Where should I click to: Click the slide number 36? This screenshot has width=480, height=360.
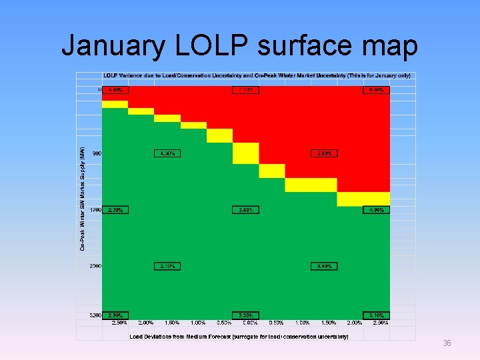(x=447, y=343)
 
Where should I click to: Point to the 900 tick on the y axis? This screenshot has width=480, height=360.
(x=97, y=153)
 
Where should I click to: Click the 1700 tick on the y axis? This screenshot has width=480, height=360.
(x=95, y=210)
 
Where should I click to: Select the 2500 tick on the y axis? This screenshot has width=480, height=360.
(x=95, y=266)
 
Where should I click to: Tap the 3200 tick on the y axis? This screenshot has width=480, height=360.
(x=95, y=315)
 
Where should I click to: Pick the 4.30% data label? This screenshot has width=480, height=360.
(x=167, y=153)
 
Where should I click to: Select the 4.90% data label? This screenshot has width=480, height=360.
(x=376, y=210)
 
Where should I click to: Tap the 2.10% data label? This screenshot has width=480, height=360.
(x=167, y=266)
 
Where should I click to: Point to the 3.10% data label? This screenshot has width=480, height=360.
(x=376, y=315)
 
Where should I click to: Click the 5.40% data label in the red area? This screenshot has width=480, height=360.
(x=115, y=89)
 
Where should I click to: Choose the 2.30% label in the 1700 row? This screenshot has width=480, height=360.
(x=115, y=210)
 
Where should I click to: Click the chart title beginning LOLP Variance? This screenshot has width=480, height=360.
(x=257, y=75)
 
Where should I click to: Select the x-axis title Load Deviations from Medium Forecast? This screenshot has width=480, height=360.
(x=239, y=337)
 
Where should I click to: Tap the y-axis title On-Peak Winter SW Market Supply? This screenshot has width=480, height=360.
(x=82, y=199)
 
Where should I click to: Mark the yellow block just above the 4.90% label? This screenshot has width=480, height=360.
(x=363, y=199)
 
